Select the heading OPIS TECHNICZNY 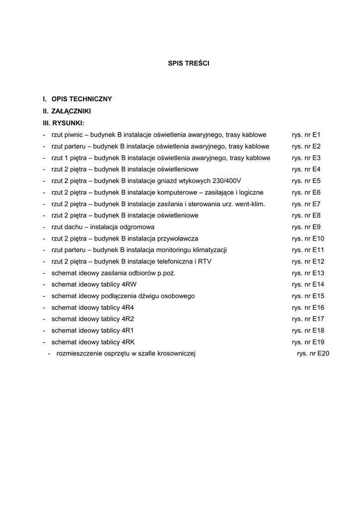point(82,99)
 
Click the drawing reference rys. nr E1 point(306,135)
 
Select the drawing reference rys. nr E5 point(306,181)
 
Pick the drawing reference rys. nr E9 point(306,227)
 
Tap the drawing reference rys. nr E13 point(308,273)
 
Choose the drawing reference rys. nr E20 point(313,353)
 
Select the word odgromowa point(139,227)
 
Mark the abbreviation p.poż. point(167,273)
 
